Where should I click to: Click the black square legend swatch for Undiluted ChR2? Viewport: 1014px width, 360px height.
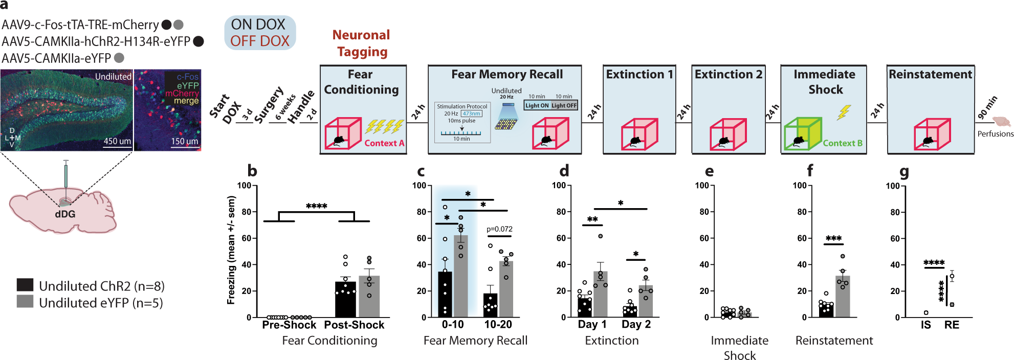(x=25, y=285)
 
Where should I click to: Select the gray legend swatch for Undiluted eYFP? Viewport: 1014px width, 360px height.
(x=25, y=302)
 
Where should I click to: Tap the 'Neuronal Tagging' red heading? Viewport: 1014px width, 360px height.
(x=361, y=43)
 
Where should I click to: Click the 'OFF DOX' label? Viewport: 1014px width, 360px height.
(x=259, y=41)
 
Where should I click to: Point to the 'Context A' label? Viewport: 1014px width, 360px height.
(x=384, y=143)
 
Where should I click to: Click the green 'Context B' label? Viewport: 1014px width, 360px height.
(x=843, y=143)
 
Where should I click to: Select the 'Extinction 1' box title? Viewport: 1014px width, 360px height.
(x=639, y=75)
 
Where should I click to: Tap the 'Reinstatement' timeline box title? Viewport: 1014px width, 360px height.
(x=930, y=75)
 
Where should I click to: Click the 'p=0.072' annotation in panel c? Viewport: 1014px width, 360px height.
(x=499, y=229)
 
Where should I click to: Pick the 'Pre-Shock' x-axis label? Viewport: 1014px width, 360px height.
(x=289, y=325)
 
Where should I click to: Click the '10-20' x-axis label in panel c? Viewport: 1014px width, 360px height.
(x=498, y=325)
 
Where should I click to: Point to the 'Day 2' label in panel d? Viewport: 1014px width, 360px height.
(x=636, y=324)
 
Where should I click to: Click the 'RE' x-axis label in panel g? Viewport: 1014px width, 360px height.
(x=952, y=325)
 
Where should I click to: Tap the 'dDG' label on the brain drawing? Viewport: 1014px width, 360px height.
(x=65, y=214)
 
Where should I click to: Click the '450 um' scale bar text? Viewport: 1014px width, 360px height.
(x=117, y=141)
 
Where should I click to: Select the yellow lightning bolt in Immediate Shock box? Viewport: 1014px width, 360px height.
(x=844, y=112)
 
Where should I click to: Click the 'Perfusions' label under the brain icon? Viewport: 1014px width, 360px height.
(x=995, y=134)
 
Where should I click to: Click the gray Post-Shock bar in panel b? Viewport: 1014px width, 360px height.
(x=369, y=297)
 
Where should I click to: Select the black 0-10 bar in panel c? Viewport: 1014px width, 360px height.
(x=445, y=295)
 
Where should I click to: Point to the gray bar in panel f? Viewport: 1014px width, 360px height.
(x=843, y=297)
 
